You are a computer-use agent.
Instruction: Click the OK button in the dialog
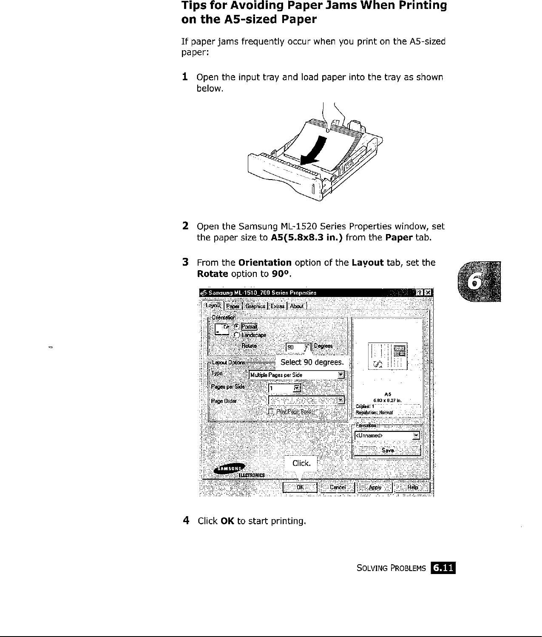[300, 488]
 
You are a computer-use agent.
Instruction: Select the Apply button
[375, 488]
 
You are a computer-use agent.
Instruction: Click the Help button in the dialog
[412, 488]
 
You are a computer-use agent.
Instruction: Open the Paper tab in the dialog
[233, 306]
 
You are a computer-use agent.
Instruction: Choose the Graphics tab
[255, 306]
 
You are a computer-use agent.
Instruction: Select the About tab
[297, 306]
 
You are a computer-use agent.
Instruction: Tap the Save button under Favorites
[387, 450]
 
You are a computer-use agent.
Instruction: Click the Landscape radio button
[236, 335]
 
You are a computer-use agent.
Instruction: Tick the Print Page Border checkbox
[271, 411]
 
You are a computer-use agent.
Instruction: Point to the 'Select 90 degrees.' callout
[312, 362]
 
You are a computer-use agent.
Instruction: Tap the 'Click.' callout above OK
[301, 463]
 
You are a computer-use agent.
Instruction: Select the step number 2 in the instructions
[185, 226]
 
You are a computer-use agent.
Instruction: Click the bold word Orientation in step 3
[265, 263]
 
